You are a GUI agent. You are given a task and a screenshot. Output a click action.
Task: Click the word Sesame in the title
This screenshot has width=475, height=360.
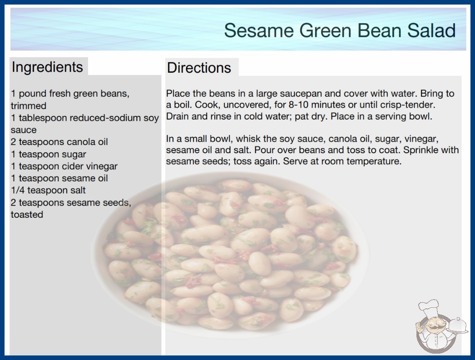pyautogui.click(x=259, y=30)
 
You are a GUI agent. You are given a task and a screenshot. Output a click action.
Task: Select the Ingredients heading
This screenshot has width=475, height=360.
pyautogui.click(x=47, y=67)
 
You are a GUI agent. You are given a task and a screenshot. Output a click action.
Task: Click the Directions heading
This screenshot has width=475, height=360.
pyautogui.click(x=199, y=68)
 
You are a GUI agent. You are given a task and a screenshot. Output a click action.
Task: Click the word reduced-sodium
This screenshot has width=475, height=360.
pyautogui.click(x=105, y=118)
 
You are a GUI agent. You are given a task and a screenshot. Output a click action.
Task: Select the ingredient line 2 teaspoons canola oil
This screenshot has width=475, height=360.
pyautogui.click(x=59, y=142)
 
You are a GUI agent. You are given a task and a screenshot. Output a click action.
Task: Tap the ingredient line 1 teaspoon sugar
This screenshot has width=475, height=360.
pyautogui.click(x=49, y=155)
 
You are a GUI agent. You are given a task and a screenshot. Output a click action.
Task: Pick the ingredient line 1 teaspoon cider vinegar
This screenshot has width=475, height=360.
pyautogui.click(x=64, y=166)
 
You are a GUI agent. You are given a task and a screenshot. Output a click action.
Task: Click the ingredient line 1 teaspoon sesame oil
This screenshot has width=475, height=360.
pyautogui.click(x=59, y=178)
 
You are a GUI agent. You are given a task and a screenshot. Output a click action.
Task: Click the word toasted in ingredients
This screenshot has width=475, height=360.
pyautogui.click(x=27, y=215)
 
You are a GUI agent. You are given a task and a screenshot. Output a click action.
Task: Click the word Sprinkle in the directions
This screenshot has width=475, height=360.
pyautogui.click(x=422, y=150)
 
